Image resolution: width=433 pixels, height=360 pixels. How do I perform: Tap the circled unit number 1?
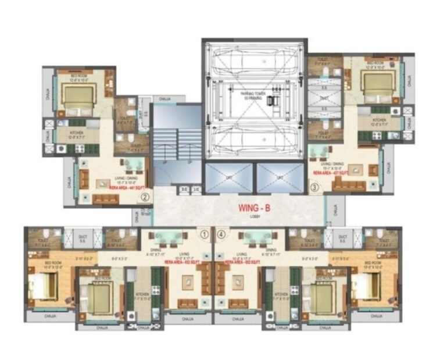pos(205,235)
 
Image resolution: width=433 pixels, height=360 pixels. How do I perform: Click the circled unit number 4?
pos(221,235)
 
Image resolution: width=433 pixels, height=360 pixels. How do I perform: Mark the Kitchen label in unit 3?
pos(381,120)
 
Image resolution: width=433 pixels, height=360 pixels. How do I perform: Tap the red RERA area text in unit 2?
pos(125,188)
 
